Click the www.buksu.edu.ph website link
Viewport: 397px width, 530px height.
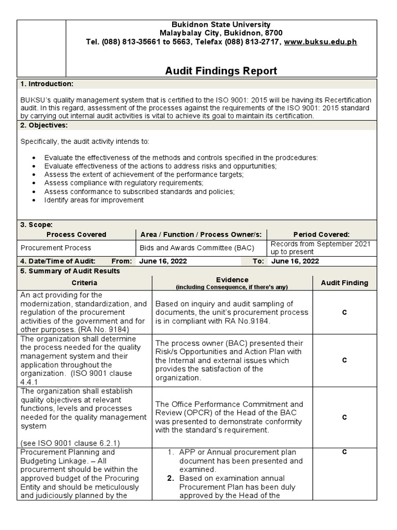(320, 42)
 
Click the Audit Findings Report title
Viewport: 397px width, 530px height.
(221, 71)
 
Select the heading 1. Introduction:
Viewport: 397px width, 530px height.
(47, 84)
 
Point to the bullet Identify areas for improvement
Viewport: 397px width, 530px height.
(94, 200)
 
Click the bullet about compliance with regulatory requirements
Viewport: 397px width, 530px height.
(124, 183)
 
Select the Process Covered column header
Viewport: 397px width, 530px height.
(76, 234)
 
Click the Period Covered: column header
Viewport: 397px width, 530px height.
(321, 234)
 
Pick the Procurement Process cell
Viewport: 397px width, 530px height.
(56, 248)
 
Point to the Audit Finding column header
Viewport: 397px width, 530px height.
(344, 283)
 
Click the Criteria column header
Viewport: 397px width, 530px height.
(85, 283)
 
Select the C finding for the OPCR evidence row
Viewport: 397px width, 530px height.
(344, 417)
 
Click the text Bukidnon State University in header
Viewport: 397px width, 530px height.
(221, 25)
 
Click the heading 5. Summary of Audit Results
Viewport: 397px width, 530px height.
(70, 271)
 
